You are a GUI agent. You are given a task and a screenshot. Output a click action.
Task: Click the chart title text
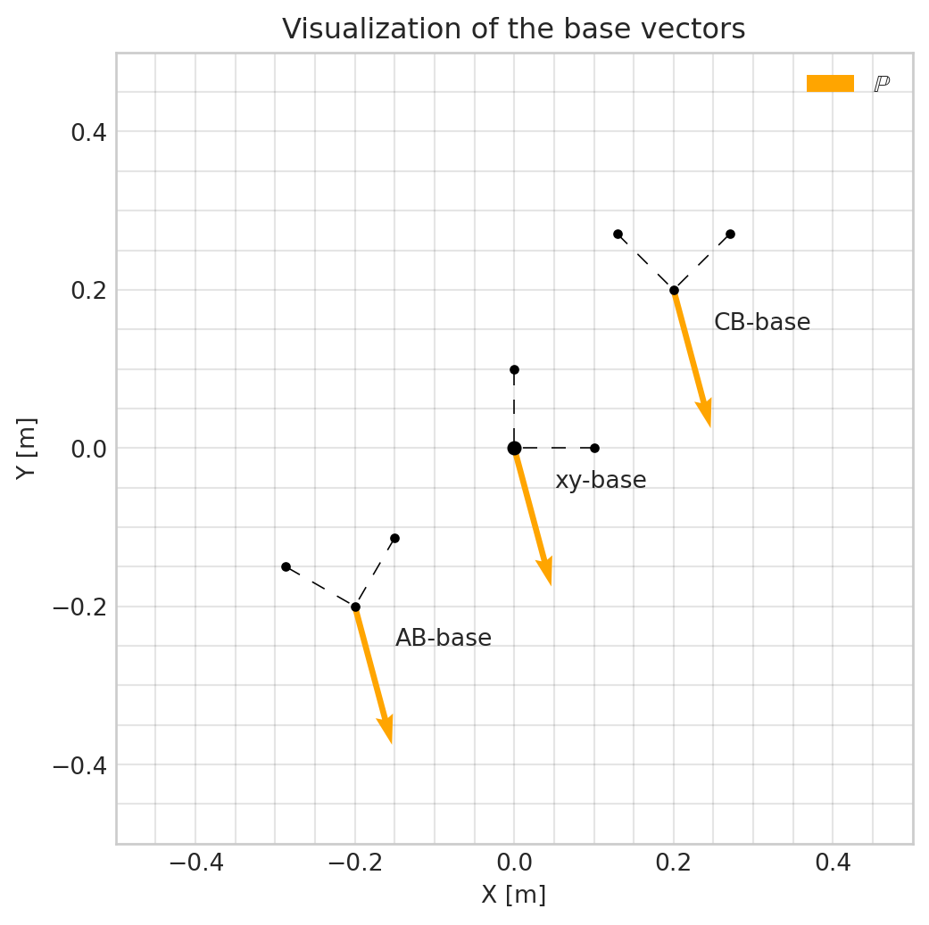[513, 29]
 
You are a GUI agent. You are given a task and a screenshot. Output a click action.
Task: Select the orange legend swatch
[830, 83]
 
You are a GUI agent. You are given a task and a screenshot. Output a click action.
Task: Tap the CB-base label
[762, 323]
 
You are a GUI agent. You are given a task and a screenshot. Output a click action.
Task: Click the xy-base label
[601, 481]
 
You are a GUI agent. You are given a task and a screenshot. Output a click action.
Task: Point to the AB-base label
[444, 639]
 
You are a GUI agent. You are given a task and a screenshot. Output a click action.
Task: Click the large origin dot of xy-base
[514, 448]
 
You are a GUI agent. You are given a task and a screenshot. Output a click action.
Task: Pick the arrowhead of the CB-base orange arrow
[706, 414]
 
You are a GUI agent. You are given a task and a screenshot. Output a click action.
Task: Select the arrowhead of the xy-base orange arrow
[546, 572]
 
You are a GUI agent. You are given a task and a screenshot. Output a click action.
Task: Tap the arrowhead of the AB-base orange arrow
[386, 730]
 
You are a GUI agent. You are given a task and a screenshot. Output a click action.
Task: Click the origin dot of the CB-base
[674, 290]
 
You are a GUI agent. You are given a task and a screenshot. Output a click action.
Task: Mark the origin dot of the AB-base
[355, 607]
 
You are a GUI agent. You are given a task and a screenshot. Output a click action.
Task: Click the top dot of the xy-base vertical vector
[514, 369]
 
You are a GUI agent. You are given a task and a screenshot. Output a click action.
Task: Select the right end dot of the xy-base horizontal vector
[594, 448]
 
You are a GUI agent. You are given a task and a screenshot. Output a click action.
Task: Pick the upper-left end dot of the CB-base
[618, 234]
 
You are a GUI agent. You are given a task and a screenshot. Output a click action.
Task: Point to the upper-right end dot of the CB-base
[730, 234]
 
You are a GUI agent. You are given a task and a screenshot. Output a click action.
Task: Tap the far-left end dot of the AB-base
[286, 566]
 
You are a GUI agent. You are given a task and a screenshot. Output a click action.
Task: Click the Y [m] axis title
[27, 448]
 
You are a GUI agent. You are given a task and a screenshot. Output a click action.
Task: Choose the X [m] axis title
[513, 895]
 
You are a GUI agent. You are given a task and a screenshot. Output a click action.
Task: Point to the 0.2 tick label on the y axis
[88, 290]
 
